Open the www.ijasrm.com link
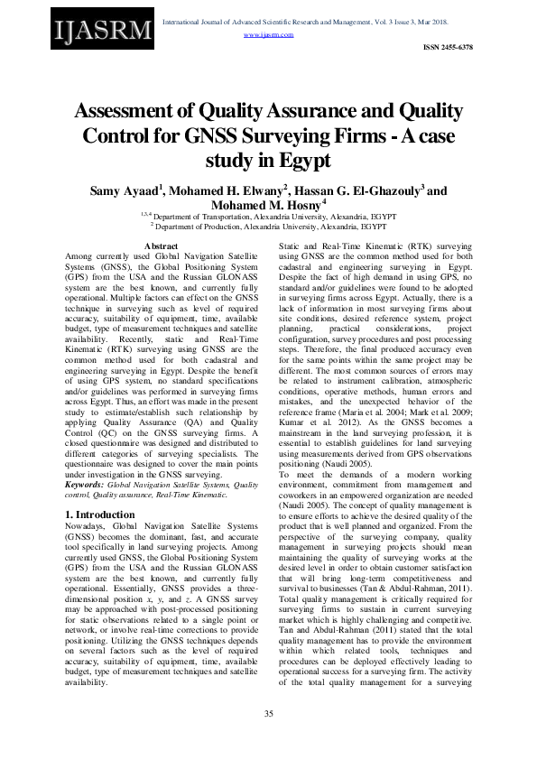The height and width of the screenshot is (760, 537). pos(269,34)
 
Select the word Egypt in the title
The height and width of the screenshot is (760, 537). pos(296,161)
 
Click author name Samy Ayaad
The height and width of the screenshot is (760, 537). pos(125,190)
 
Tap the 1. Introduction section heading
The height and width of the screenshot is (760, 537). pos(101,514)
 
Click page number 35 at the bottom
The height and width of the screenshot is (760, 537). pos(268,715)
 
